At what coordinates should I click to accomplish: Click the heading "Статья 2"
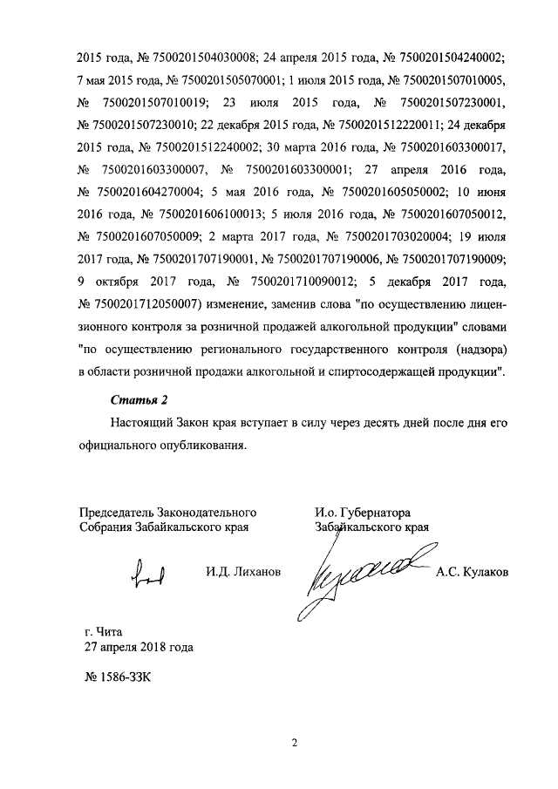139,400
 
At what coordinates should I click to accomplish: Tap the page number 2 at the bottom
295,743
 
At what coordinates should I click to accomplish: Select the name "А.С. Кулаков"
472,572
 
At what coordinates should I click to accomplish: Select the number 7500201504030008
204,58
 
